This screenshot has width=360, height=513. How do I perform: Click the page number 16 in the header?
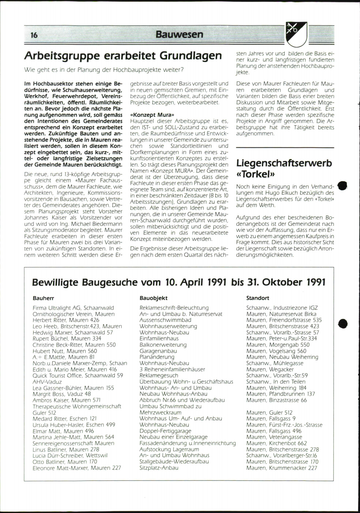click(x=34, y=35)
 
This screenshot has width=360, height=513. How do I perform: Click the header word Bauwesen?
click(x=179, y=34)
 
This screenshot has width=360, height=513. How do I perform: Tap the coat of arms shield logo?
click(x=296, y=34)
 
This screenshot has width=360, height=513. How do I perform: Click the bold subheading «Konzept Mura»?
click(x=152, y=115)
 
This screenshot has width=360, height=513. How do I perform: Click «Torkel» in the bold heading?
click(x=256, y=174)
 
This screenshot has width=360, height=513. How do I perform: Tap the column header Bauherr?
click(x=43, y=298)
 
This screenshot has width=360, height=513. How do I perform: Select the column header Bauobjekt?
click(x=153, y=298)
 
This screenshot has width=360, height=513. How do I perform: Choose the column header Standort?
click(x=257, y=298)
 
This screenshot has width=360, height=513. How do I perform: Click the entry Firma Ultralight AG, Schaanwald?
click(x=73, y=308)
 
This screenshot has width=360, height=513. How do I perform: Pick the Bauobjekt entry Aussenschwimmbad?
click(x=165, y=320)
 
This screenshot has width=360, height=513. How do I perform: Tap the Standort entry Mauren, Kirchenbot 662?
click(x=277, y=443)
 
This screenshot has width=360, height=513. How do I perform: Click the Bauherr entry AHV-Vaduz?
click(x=47, y=382)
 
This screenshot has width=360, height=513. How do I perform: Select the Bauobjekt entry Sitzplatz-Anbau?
click(x=159, y=468)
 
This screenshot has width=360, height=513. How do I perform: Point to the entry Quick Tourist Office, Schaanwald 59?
click(x=78, y=376)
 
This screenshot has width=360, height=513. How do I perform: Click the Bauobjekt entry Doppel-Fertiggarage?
click(x=165, y=431)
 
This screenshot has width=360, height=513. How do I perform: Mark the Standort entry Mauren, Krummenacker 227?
click(x=281, y=468)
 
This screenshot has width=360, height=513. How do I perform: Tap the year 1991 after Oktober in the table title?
click(x=316, y=282)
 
